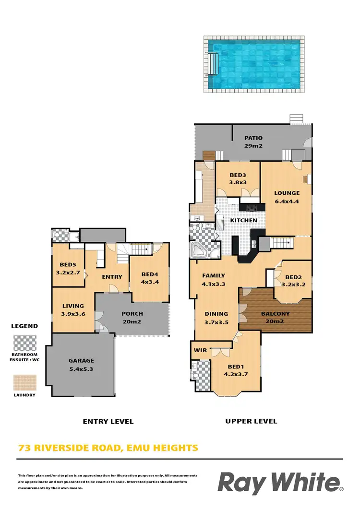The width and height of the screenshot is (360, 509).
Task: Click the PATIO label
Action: tap(253, 138)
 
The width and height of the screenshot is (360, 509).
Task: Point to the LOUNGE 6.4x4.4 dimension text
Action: tap(287, 201)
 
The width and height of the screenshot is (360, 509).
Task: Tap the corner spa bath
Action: tap(199, 249)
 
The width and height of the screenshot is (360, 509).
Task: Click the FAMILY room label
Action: tap(214, 276)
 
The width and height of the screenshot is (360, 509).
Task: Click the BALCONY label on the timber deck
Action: tap(275, 314)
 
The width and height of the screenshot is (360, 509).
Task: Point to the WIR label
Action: tap(200, 350)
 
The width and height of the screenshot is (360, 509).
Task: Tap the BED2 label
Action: tap(293, 277)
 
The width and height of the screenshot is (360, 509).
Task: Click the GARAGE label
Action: tap(81, 361)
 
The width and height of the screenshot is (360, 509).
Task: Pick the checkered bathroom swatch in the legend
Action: tap(24, 343)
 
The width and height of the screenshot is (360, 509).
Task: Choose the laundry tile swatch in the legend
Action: tap(24, 382)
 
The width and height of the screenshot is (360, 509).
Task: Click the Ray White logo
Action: tap(280, 482)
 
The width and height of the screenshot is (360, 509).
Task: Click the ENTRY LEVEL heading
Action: tap(108, 422)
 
